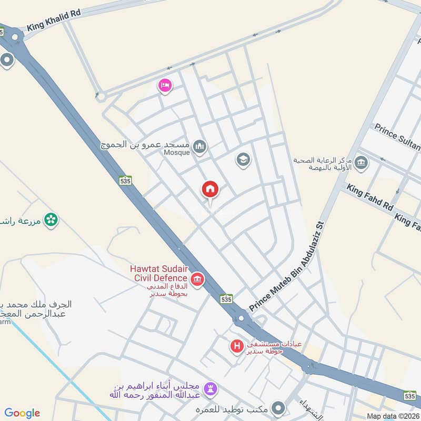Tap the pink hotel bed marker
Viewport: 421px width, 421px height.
pyautogui.click(x=165, y=85)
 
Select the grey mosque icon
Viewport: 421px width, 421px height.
pyautogui.click(x=199, y=146)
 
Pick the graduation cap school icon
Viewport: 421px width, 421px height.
pyautogui.click(x=243, y=159)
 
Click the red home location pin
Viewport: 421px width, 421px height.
pyautogui.click(x=210, y=189)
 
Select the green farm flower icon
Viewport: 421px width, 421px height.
pyautogui.click(x=51, y=219)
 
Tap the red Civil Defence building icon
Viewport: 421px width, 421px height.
pyautogui.click(x=197, y=279)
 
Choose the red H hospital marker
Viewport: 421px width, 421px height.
pyautogui.click(x=237, y=346)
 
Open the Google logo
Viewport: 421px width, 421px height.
pyautogui.click(x=22, y=413)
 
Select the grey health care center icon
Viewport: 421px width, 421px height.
pyautogui.click(x=361, y=163)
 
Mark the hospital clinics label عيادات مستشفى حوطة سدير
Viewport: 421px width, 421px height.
pyautogui.click(x=275, y=347)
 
